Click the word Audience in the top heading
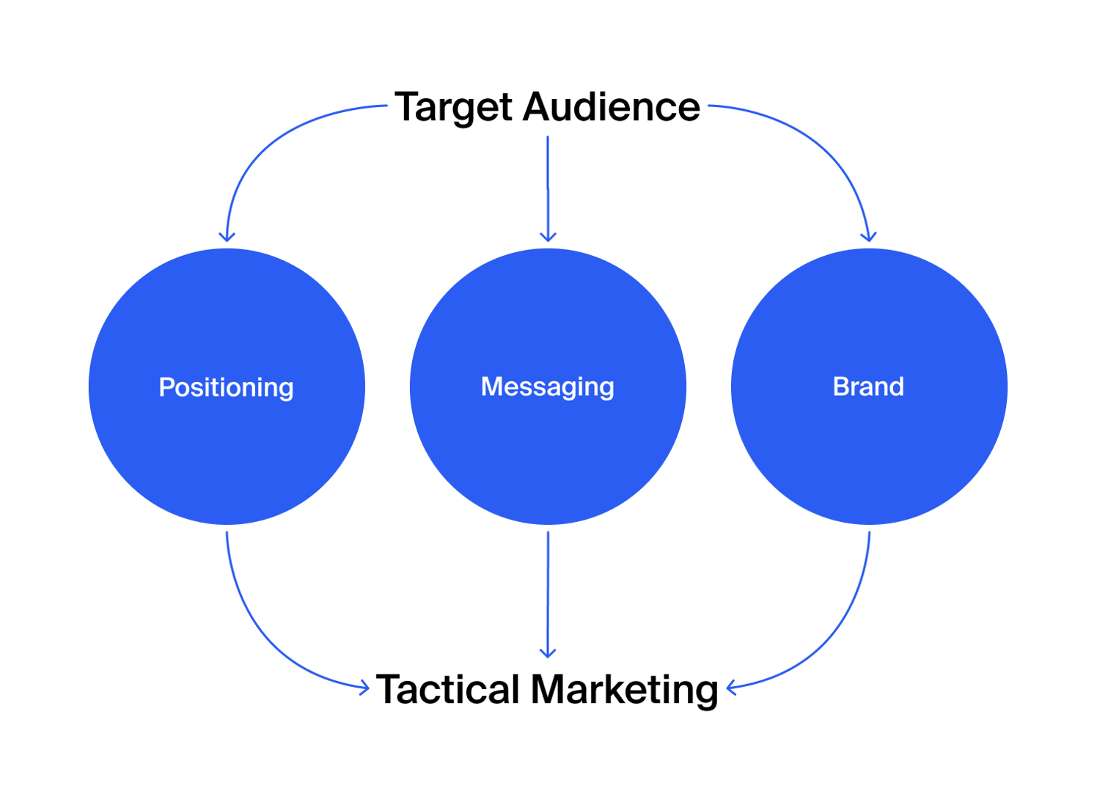[x=612, y=107]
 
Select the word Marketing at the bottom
[x=624, y=690]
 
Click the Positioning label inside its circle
[x=226, y=387]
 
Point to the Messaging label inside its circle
[x=547, y=386]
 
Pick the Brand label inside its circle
[x=868, y=386]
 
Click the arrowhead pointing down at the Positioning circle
[x=227, y=237]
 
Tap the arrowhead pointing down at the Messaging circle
[x=548, y=237]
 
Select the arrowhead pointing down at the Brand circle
[x=869, y=237]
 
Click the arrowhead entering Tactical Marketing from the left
[x=364, y=688]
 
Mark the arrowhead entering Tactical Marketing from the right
[x=730, y=688]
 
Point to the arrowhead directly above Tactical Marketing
[x=548, y=652]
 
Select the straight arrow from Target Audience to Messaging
[x=548, y=183]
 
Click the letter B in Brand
[x=840, y=386]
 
